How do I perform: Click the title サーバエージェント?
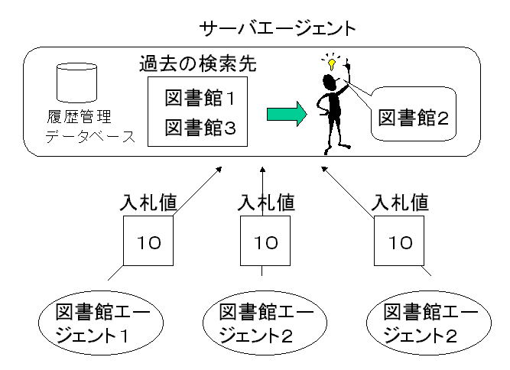[x=277, y=29]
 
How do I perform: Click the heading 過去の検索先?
[x=197, y=63]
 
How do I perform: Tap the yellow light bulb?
[x=333, y=60]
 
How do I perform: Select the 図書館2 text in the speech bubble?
[x=413, y=118]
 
